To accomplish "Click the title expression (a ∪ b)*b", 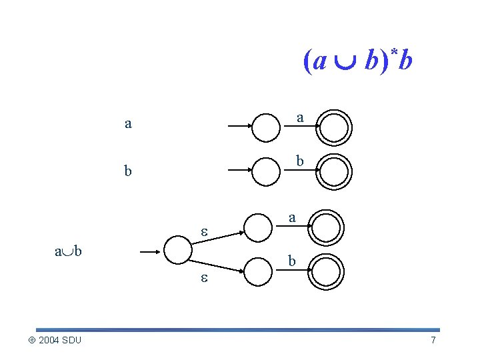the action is tap(358, 61).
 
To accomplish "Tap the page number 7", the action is tap(433, 341).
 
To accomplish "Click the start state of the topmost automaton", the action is tap(267, 127).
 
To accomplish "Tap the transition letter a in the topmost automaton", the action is tap(300, 117).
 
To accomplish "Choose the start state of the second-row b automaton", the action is tap(267, 171).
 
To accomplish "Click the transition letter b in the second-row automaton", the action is tap(300, 161).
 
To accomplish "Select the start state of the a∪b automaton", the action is tap(177, 251).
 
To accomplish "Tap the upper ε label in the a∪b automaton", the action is tap(206, 231).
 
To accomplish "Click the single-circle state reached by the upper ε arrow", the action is tap(259, 227).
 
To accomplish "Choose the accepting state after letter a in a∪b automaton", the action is tap(327, 227).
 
